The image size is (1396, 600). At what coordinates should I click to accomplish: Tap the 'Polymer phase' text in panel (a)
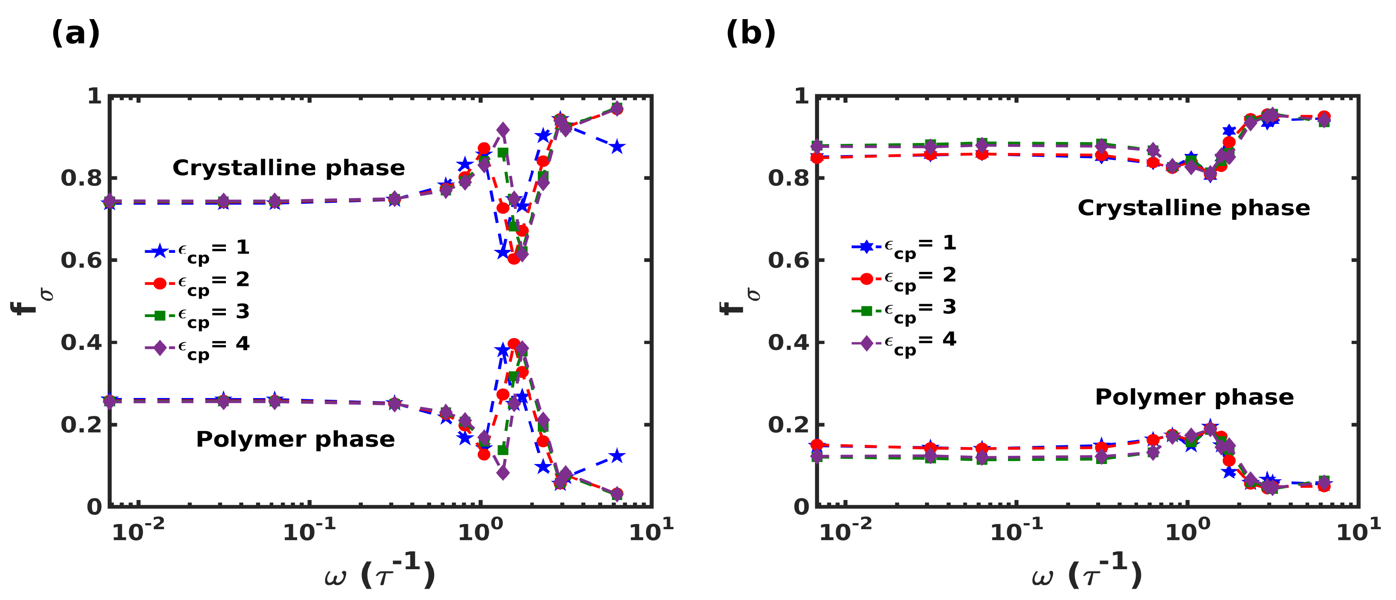[x=295, y=439]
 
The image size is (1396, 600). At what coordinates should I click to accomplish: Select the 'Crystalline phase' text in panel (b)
[x=1194, y=208]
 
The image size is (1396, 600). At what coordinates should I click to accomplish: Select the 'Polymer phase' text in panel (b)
[x=1194, y=397]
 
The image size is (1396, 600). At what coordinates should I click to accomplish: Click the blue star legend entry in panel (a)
[x=159, y=251]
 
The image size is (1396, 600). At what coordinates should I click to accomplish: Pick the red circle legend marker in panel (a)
[x=159, y=283]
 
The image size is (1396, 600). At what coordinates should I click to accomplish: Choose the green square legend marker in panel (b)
[x=866, y=311]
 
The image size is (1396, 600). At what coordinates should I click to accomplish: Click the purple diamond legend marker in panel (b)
[x=866, y=343]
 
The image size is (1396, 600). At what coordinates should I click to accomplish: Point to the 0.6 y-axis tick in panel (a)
[x=81, y=260]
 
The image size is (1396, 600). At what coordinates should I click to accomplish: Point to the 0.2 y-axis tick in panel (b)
[x=788, y=424]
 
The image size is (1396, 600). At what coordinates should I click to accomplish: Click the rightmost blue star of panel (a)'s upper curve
[x=617, y=147]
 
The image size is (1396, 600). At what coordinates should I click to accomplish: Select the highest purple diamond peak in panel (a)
[x=502, y=130]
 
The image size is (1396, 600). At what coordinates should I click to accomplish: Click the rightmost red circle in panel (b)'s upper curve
[x=1323, y=116]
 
